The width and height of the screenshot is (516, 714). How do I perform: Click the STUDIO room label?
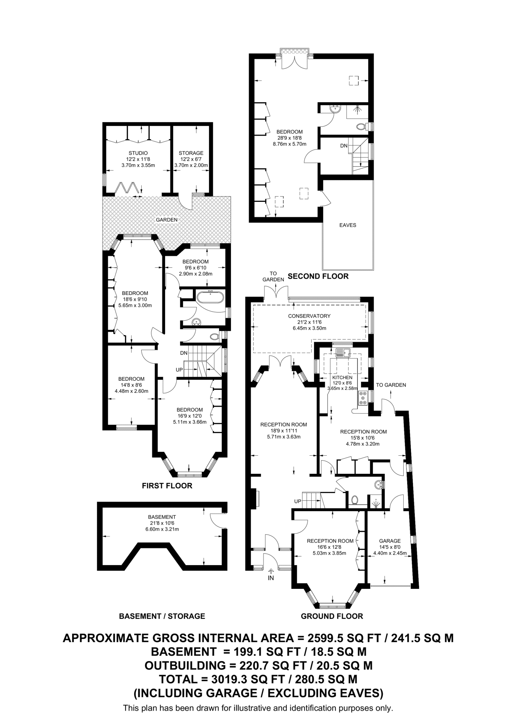[x=138, y=153]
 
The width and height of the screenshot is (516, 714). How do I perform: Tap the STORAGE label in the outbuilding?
[x=191, y=153]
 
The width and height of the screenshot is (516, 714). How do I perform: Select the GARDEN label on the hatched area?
[x=166, y=220]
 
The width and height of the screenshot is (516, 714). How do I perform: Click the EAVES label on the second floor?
[x=347, y=225]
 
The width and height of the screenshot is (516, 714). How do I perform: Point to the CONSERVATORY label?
[x=309, y=316]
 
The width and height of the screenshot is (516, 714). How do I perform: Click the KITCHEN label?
[x=342, y=378]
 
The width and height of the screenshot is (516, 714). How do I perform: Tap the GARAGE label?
[x=390, y=541]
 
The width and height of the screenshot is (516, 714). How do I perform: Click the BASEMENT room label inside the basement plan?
[x=162, y=517]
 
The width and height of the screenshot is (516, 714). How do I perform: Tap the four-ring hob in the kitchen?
[x=363, y=398]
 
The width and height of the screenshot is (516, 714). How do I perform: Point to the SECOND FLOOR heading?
[x=318, y=276]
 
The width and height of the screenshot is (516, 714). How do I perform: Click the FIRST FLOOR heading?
[x=167, y=486]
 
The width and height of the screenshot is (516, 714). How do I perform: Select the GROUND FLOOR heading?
[x=332, y=616]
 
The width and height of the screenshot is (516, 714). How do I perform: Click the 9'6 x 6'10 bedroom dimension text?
[x=195, y=268]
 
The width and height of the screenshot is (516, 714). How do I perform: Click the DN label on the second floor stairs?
[x=344, y=146]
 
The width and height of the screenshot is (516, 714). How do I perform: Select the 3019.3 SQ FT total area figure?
[x=236, y=679]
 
